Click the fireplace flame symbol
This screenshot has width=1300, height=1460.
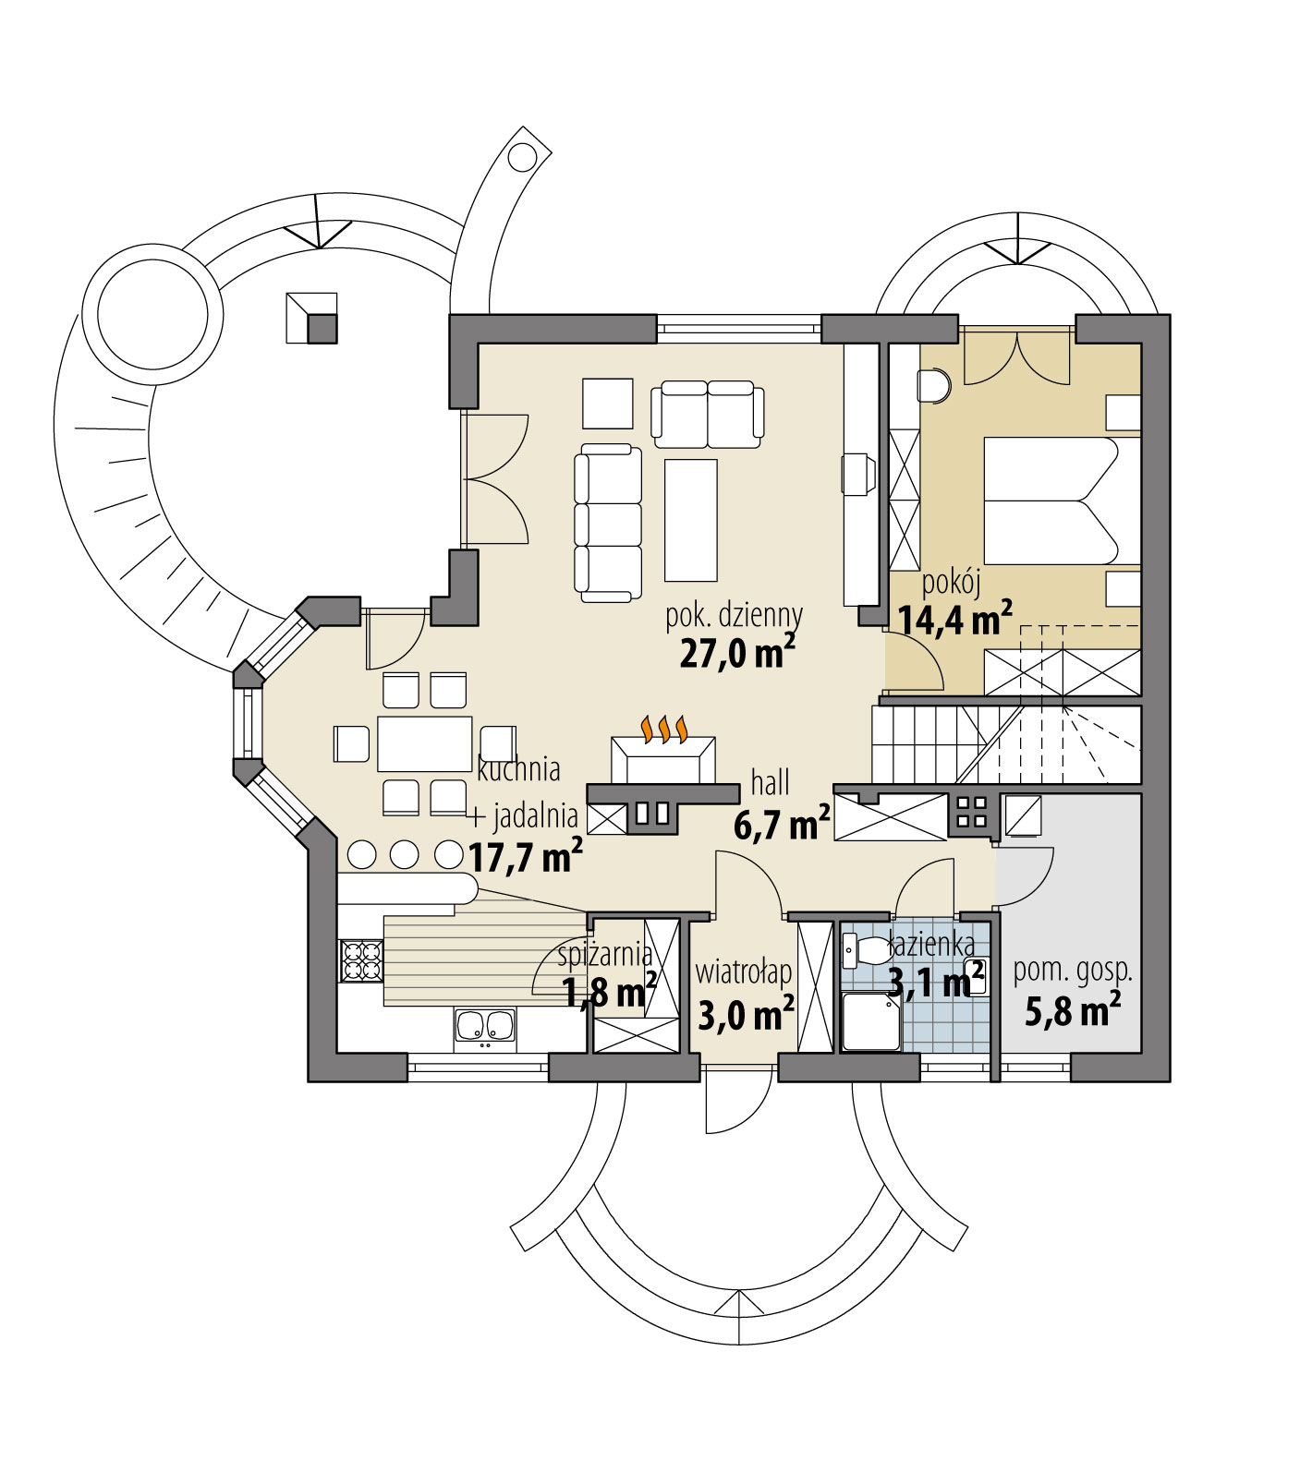(663, 729)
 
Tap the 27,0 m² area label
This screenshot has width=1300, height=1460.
(737, 653)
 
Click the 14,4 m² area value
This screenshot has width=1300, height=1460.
(954, 619)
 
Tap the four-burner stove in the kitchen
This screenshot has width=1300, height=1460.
(361, 959)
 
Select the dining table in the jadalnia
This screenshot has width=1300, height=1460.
(424, 743)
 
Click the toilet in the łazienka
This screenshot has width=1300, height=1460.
(865, 948)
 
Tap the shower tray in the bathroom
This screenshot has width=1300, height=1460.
(871, 1022)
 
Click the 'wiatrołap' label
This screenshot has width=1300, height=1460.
(743, 972)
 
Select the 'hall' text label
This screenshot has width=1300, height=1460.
(771, 783)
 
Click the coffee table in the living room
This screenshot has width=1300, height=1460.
(690, 519)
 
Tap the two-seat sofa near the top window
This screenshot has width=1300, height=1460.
(708, 410)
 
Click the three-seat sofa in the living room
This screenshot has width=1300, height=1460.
(608, 521)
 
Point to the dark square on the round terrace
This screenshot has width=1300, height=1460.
(322, 328)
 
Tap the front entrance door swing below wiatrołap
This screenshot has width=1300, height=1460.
(735, 1102)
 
